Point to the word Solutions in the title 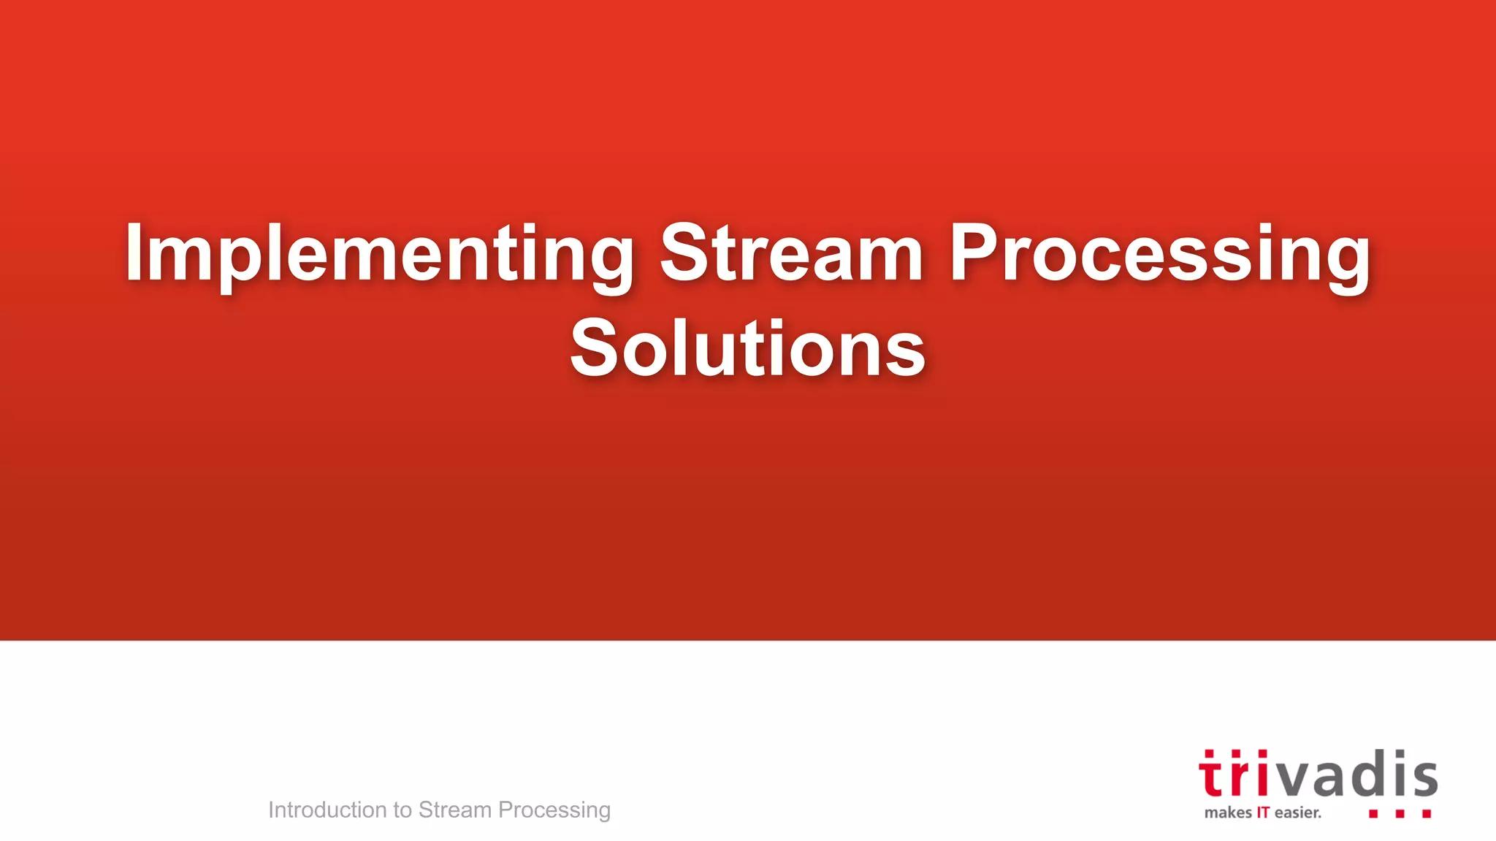[747, 348]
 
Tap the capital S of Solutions [593, 348]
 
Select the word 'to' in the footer [402, 810]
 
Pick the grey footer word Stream [454, 810]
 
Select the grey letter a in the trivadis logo [1327, 778]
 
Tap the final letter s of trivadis [1424, 778]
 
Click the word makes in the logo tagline [1228, 813]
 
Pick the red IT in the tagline [1263, 813]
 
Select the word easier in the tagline [1297, 813]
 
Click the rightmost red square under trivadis [1426, 813]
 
